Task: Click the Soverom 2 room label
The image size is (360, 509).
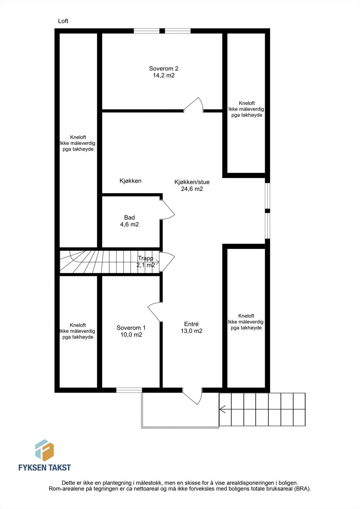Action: [x=164, y=68]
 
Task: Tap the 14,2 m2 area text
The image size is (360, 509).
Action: [x=164, y=76]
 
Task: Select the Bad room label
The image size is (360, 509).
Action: [x=129, y=218]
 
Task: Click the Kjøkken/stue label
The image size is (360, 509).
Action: [x=192, y=182]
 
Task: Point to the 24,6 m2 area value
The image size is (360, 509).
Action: [x=192, y=189]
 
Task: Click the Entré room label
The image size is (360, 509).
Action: [x=191, y=324]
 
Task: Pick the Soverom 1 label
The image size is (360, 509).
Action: [x=131, y=328]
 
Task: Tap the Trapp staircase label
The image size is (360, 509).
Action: [x=145, y=258]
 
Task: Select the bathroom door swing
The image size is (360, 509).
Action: [x=168, y=209]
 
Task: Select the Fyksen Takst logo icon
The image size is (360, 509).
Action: [x=44, y=450]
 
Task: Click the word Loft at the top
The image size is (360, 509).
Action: [x=63, y=21]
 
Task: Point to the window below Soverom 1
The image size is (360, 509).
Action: [x=129, y=390]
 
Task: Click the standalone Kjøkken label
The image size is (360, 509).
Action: [x=131, y=181]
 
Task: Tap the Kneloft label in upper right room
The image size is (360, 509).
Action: [x=247, y=103]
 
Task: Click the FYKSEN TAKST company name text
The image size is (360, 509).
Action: [x=45, y=468]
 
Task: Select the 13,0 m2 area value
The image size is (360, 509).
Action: [x=191, y=331]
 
